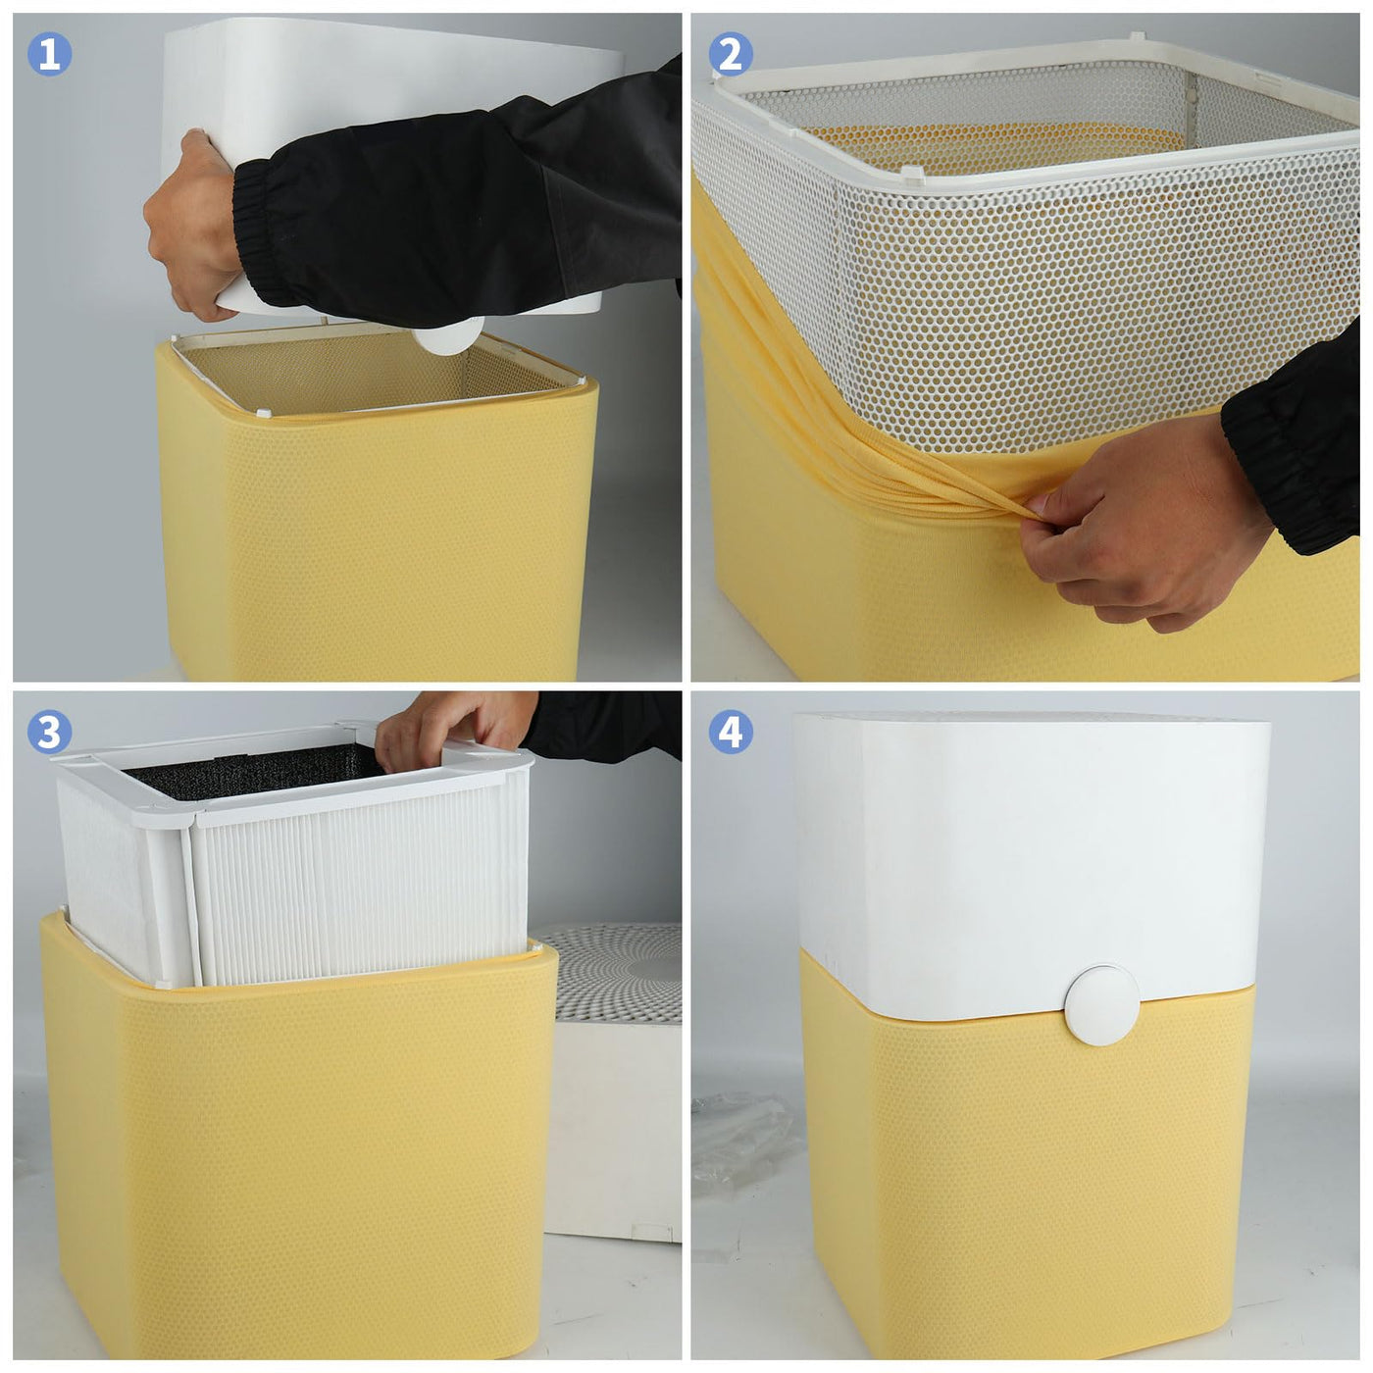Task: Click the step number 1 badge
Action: [50, 54]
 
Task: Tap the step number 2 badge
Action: [731, 54]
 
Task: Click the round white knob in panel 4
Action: [1102, 1004]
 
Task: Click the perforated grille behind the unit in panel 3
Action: [619, 972]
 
